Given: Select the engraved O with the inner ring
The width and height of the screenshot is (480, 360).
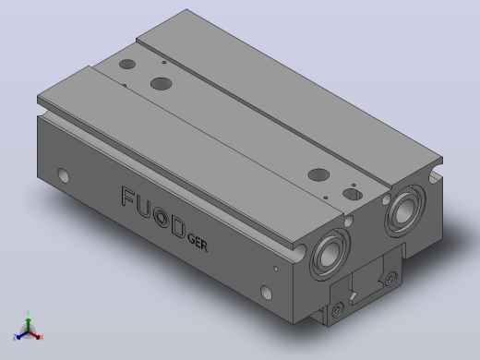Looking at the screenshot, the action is coord(162,217).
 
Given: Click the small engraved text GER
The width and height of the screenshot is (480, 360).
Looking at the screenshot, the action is coord(198,243).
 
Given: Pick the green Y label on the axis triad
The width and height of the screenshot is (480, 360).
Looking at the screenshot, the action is coord(28,314).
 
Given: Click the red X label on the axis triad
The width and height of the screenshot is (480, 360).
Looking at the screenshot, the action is coord(42,337).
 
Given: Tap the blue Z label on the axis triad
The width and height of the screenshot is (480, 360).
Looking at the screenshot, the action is coord(15,337).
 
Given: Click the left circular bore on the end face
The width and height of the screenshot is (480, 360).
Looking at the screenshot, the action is coord(330,254).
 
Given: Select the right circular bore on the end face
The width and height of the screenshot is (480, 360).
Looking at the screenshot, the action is coord(405,210).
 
